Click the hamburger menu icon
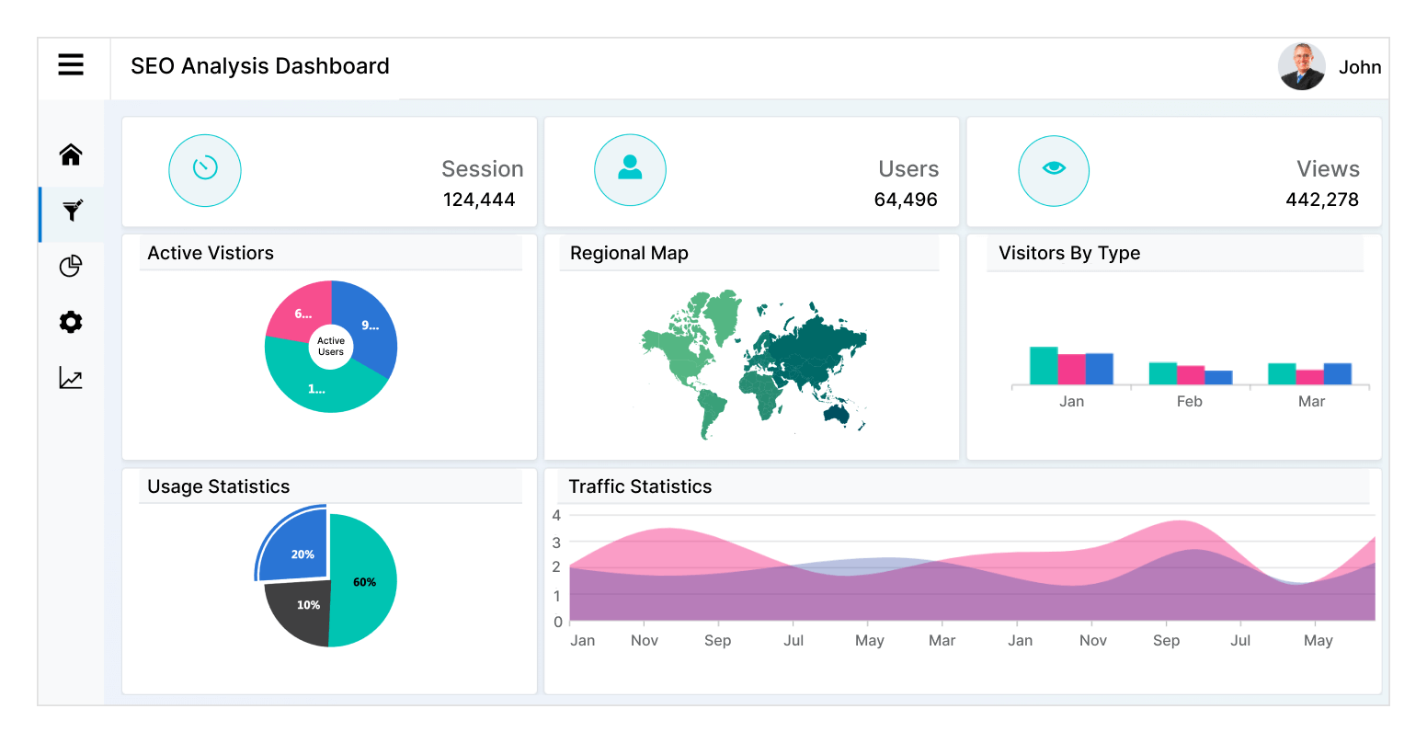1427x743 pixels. pyautogui.click(x=71, y=64)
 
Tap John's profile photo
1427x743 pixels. pyautogui.click(x=1301, y=66)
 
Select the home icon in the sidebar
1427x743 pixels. pyautogui.click(x=71, y=154)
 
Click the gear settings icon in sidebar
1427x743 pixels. pyautogui.click(x=71, y=322)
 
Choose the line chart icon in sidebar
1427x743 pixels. pyautogui.click(x=71, y=378)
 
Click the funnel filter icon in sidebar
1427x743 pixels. pyautogui.click(x=72, y=211)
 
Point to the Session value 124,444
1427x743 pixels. pyautogui.click(x=478, y=200)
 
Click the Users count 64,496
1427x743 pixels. pyautogui.click(x=906, y=200)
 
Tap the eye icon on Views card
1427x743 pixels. pyautogui.click(x=1054, y=169)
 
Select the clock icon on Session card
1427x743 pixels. pyautogui.click(x=205, y=169)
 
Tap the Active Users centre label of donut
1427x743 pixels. pyautogui.click(x=331, y=347)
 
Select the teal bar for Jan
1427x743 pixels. pyautogui.click(x=1044, y=366)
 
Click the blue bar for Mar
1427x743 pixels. pyautogui.click(x=1337, y=373)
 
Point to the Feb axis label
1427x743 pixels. pyautogui.click(x=1189, y=402)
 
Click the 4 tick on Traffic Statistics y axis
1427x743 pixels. pyautogui.click(x=556, y=515)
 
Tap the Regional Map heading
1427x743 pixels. pyautogui.click(x=629, y=253)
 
